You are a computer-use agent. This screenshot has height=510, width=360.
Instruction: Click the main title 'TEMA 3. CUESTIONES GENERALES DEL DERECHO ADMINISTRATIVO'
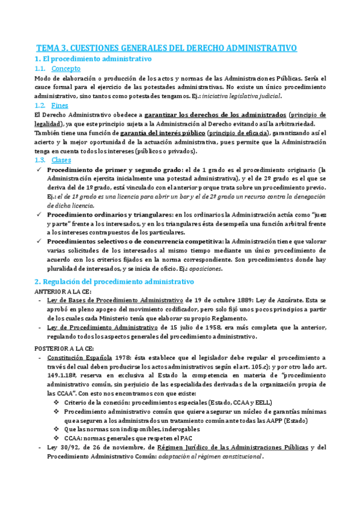point(167,48)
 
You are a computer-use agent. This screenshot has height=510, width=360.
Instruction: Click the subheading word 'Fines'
point(60,105)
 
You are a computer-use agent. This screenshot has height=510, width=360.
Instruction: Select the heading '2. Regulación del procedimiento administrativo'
point(114,281)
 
